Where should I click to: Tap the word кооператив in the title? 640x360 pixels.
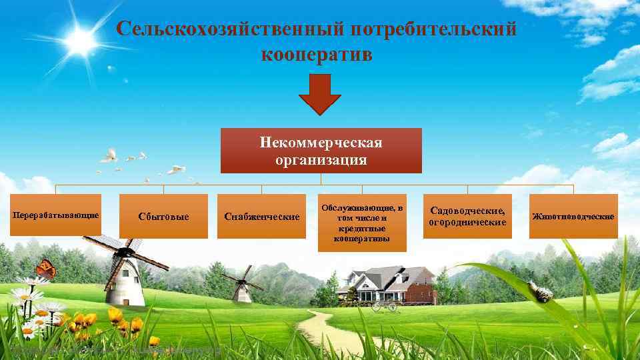(x=317, y=55)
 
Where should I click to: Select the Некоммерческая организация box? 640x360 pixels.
(x=321, y=151)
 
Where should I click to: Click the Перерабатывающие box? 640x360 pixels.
(x=56, y=215)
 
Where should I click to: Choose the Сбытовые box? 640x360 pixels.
(x=163, y=217)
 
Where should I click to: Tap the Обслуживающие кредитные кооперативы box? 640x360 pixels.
(x=361, y=223)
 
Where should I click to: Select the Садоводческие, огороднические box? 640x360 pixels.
(x=467, y=216)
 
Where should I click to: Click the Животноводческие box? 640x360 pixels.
(x=573, y=216)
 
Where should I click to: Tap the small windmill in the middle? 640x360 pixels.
(x=240, y=285)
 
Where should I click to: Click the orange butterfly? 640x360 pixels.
(x=46, y=269)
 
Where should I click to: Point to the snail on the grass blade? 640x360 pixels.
(x=541, y=291)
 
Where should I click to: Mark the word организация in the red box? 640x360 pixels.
(x=321, y=160)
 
